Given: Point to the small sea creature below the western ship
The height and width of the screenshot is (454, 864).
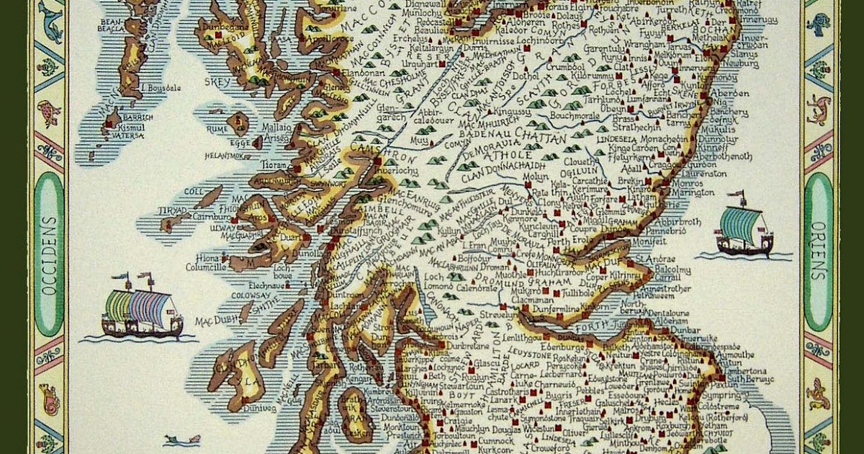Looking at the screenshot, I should (173, 439).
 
